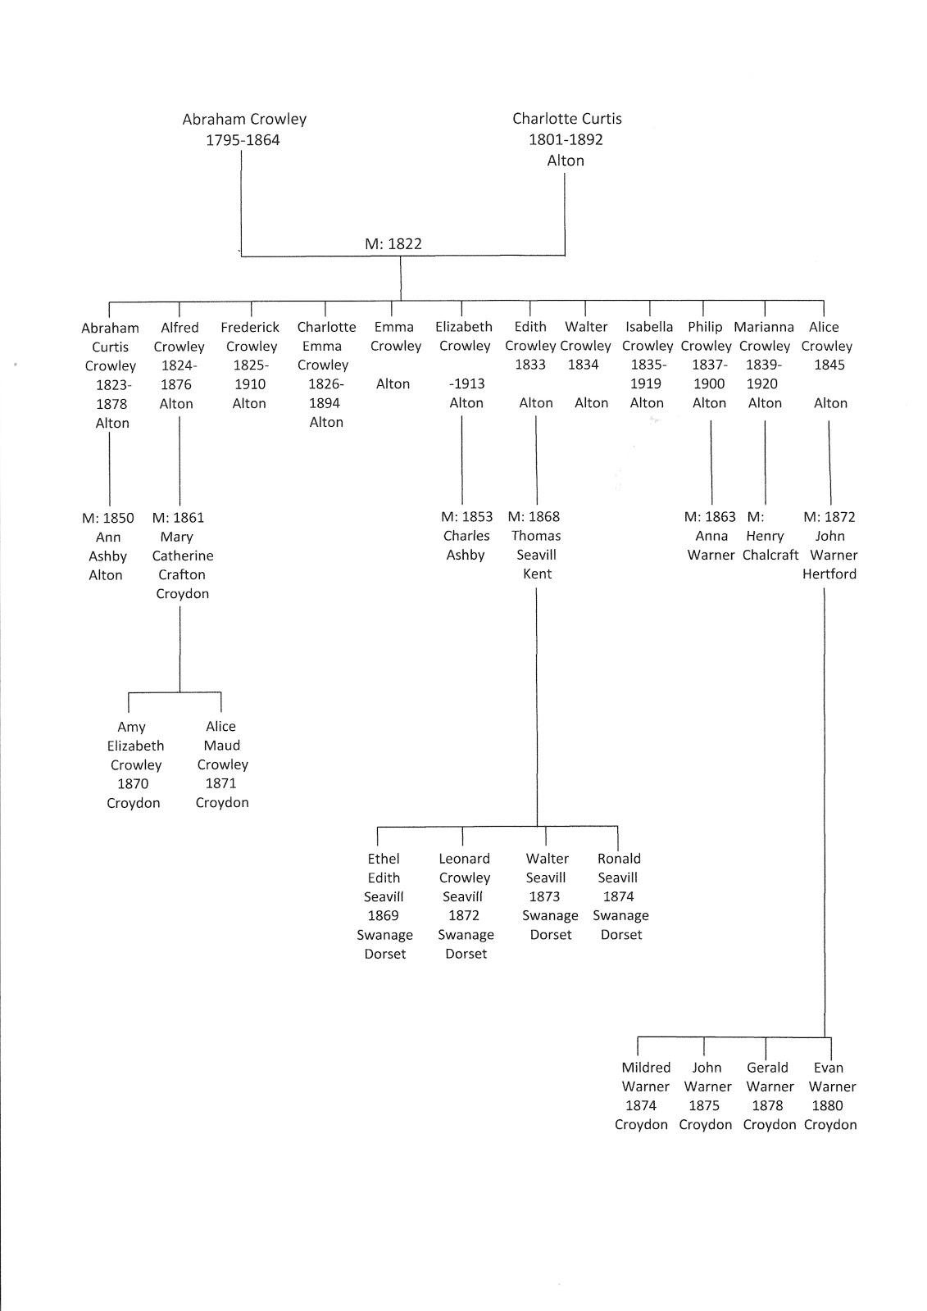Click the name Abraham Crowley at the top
pos(244,119)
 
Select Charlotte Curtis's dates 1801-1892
pos(566,139)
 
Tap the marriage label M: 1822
pos(393,243)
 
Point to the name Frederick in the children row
pos(250,327)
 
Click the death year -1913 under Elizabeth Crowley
pos(466,383)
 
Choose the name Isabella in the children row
pos(649,327)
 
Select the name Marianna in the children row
pos(764,327)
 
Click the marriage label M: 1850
pos(108,518)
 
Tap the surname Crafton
pos(182,574)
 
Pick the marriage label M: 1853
pos(467,517)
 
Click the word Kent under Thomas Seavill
pos(538,574)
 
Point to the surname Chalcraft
pos(770,555)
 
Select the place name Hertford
pos(829,574)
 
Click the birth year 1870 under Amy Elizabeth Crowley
pos(134,783)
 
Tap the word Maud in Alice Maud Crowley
pos(222,746)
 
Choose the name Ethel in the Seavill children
pos(384,859)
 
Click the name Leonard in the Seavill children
pos(464,859)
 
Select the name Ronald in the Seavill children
pos(619,859)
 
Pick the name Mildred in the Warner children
pos(646,1068)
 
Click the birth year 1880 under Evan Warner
pos(827,1105)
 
